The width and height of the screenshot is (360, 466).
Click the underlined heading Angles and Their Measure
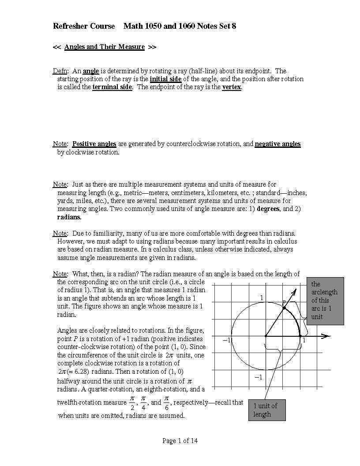click(104, 47)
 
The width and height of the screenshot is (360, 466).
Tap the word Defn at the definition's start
click(60, 71)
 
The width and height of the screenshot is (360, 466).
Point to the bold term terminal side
click(112, 87)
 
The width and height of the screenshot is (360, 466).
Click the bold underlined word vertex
click(232, 87)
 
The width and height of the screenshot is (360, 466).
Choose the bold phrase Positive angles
click(94, 144)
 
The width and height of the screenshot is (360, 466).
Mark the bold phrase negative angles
click(277, 144)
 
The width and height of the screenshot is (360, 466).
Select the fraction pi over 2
click(132, 402)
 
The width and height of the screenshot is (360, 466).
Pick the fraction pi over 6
click(166, 402)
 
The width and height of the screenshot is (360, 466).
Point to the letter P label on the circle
click(284, 303)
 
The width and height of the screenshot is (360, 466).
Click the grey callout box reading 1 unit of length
click(266, 410)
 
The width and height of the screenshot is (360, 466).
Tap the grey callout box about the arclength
click(325, 301)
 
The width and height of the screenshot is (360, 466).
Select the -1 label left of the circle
click(226, 340)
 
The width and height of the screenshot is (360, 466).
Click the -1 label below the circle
click(258, 377)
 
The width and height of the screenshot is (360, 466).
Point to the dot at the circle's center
click(266, 336)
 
